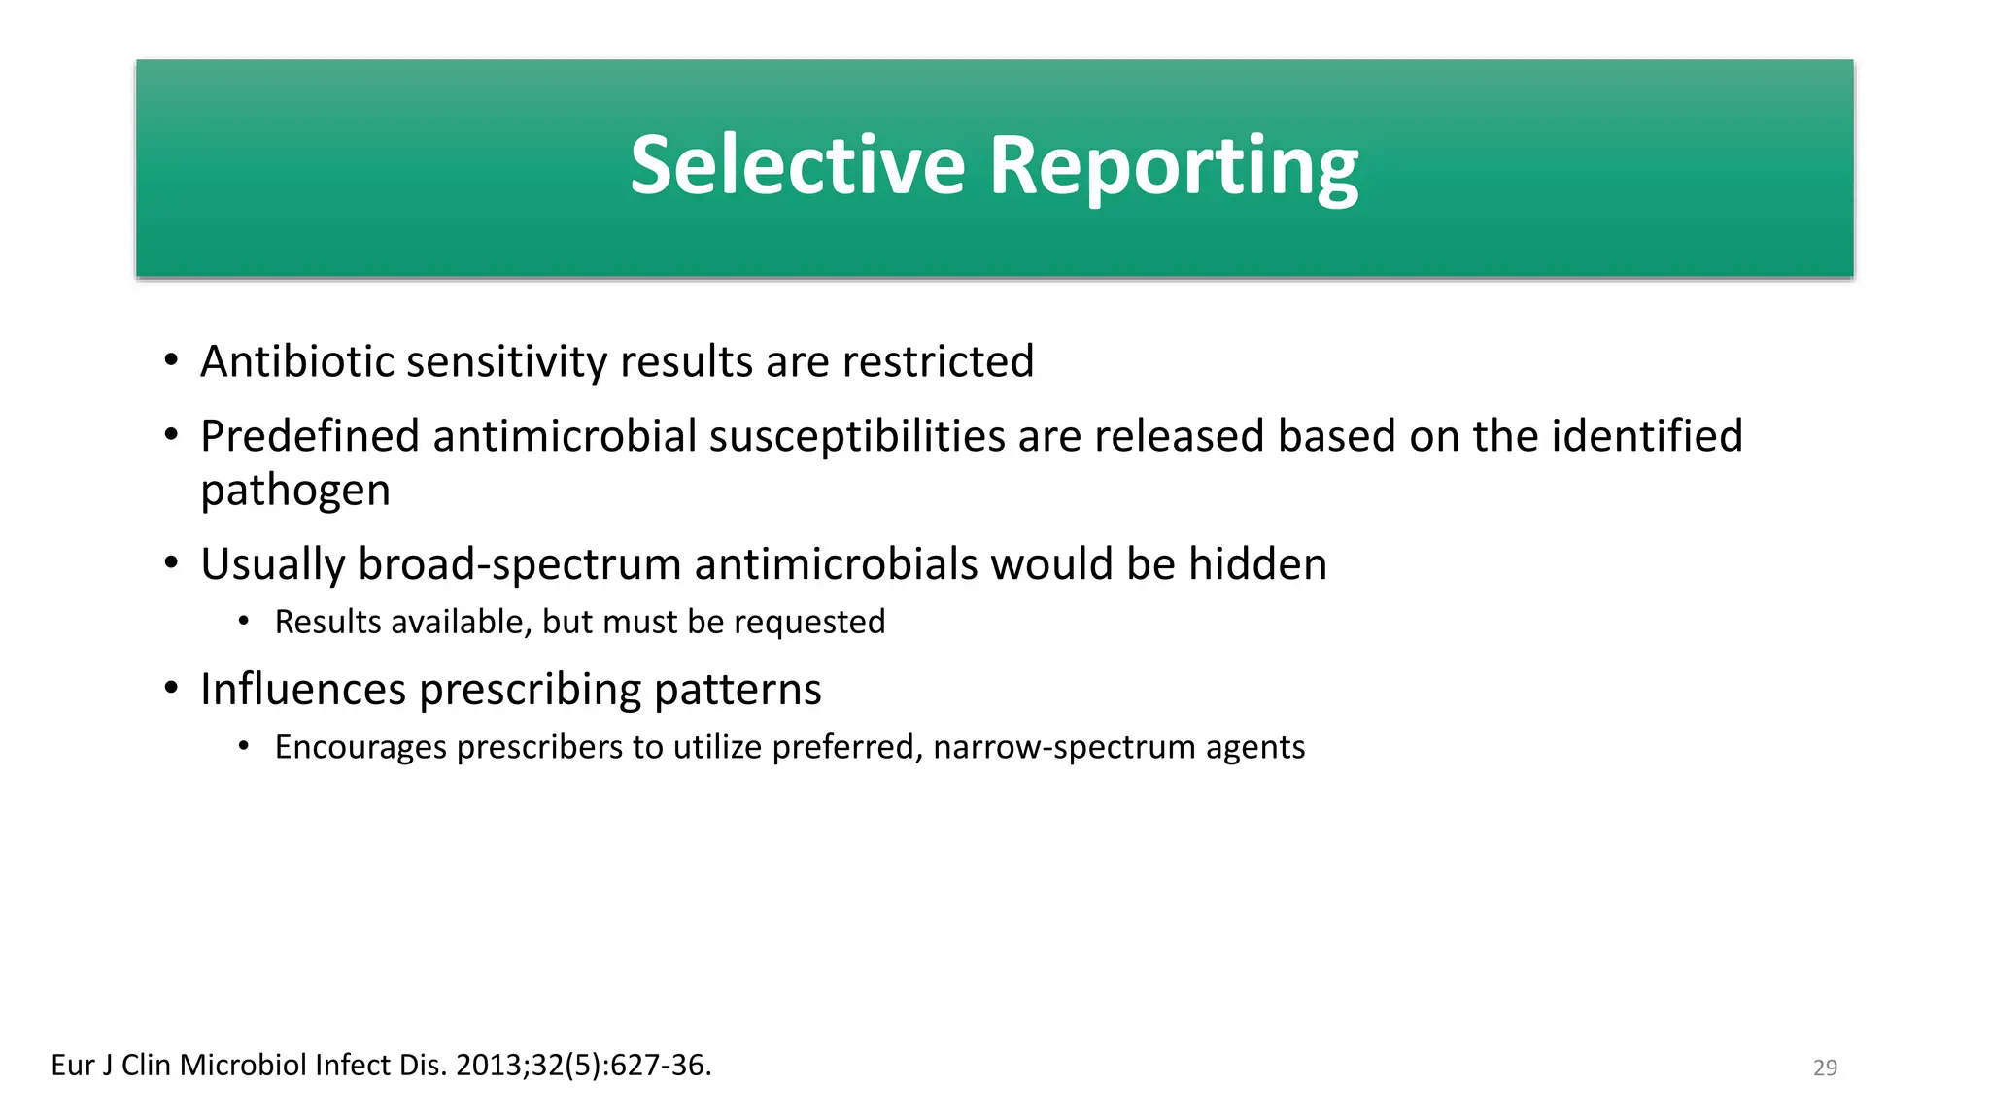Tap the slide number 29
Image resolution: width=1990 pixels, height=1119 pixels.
(1825, 1068)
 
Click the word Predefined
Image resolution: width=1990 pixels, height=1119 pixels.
(310, 436)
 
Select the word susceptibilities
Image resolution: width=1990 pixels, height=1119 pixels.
(857, 436)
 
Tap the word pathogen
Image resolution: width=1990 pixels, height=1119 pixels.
(295, 491)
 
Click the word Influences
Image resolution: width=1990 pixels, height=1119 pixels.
(303, 690)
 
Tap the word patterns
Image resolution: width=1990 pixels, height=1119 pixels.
(738, 690)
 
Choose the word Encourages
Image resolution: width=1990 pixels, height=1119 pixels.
(360, 747)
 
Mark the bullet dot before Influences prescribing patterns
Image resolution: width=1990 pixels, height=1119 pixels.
(171, 689)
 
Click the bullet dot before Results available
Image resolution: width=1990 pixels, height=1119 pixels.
(244, 621)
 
